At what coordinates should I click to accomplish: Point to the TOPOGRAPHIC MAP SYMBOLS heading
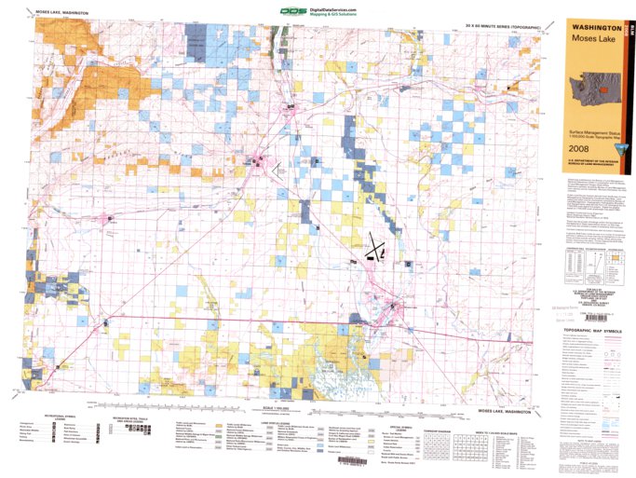point(590,332)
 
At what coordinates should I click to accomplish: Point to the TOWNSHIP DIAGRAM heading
point(429,421)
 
